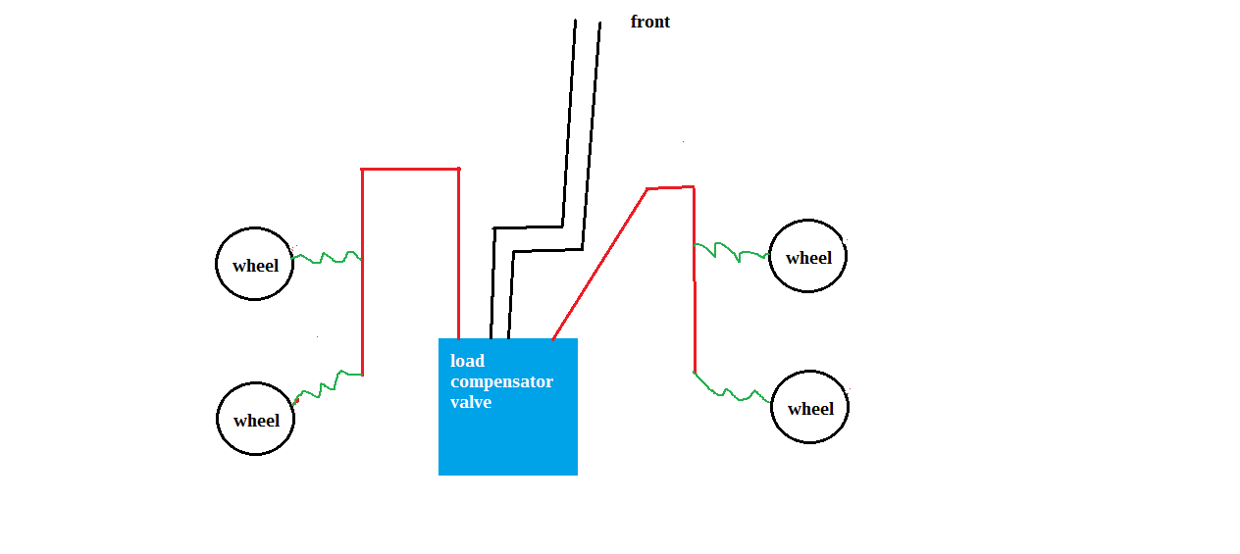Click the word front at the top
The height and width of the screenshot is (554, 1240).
649,22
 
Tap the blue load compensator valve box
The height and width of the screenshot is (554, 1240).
508,407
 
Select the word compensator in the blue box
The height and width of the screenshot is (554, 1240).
501,381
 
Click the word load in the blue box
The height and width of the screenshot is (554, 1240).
467,361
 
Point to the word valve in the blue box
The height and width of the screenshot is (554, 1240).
471,402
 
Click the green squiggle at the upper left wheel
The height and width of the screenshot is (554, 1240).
327,257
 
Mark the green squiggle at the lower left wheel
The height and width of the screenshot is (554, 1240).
327,387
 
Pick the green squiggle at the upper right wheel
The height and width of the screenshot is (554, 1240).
731,252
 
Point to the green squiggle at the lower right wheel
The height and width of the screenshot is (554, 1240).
731,392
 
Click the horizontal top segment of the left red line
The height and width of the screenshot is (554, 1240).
410,169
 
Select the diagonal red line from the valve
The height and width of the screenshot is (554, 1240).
600,264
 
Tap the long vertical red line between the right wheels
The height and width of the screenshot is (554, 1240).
695,280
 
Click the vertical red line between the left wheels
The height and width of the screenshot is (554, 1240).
362,273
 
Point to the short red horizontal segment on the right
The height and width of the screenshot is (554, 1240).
670,188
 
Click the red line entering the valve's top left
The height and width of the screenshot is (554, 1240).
459,254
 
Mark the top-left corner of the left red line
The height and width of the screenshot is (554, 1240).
362,169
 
